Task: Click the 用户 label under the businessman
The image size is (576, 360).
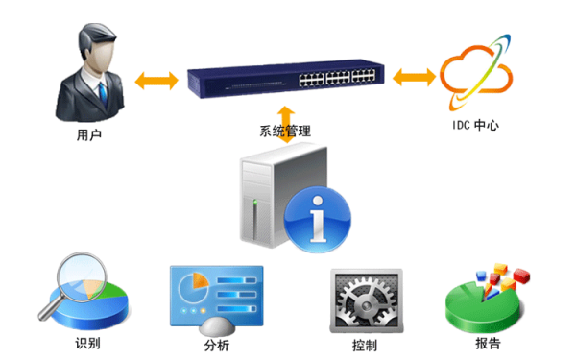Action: (89, 134)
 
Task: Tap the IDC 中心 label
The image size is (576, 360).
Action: (475, 125)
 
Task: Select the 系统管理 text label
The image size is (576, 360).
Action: (285, 132)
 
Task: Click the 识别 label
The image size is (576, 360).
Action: (87, 343)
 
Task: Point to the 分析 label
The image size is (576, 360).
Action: (217, 346)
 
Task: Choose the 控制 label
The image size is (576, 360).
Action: (365, 346)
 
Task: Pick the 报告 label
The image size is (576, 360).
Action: (488, 343)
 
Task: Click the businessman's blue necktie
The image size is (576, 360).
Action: (103, 95)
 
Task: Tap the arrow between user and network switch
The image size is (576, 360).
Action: (156, 81)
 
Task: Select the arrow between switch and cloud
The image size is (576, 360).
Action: (414, 77)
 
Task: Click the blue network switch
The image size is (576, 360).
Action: (286, 79)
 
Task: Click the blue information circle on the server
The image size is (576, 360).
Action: (318, 219)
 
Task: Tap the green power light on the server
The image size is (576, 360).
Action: (255, 202)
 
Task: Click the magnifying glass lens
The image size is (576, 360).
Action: (83, 277)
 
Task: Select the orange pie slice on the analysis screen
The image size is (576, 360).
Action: (200, 281)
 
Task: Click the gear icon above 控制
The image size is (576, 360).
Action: (367, 302)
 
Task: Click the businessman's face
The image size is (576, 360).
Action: (99, 56)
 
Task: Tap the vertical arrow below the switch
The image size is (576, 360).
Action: (286, 125)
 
